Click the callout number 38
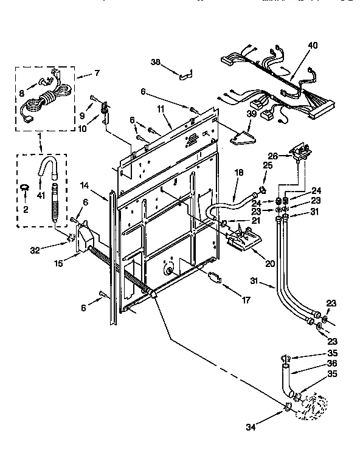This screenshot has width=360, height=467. (155, 61)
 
